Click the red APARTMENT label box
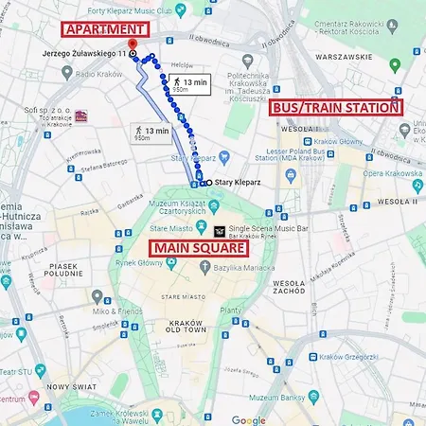coord(106,29)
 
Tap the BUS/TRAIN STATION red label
coord(336,108)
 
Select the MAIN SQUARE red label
coord(199,249)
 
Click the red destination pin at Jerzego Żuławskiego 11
coord(132,44)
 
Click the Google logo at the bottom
coord(249,419)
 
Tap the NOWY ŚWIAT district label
coord(71,386)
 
